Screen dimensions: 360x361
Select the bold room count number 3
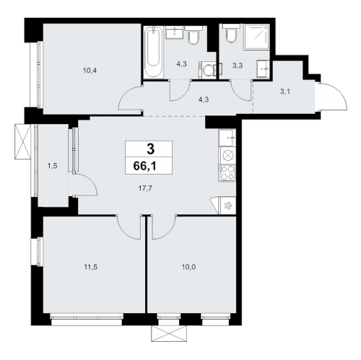pos(150,149)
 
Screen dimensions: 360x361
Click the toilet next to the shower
pos(230,35)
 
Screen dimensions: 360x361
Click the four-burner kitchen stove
pos(227,173)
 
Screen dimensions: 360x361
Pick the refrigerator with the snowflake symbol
pos(227,205)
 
